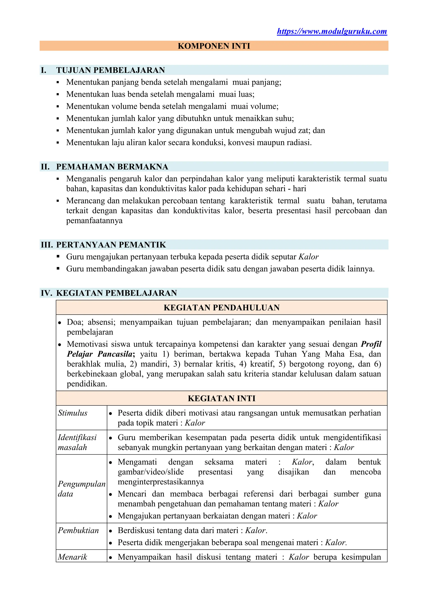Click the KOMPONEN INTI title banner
[x=214, y=46]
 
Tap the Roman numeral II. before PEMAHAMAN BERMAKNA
[x=45, y=167]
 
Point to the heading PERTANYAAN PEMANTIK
[x=111, y=245]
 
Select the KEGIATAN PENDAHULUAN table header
[x=221, y=308]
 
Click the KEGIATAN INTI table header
[x=221, y=398]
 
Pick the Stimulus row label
[x=73, y=413]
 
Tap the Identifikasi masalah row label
[x=77, y=442]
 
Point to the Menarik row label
[x=73, y=557]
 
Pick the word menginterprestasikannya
[x=161, y=482]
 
